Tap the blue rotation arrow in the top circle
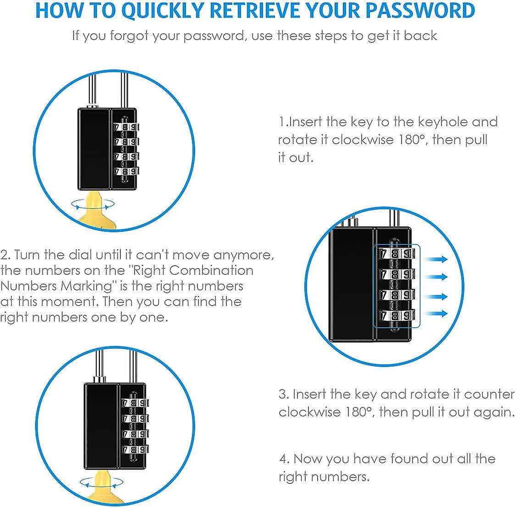[x=93, y=204]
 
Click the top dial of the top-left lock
[x=125, y=127]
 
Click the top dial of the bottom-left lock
[x=134, y=403]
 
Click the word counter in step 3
[x=489, y=394]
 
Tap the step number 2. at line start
[x=6, y=255]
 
